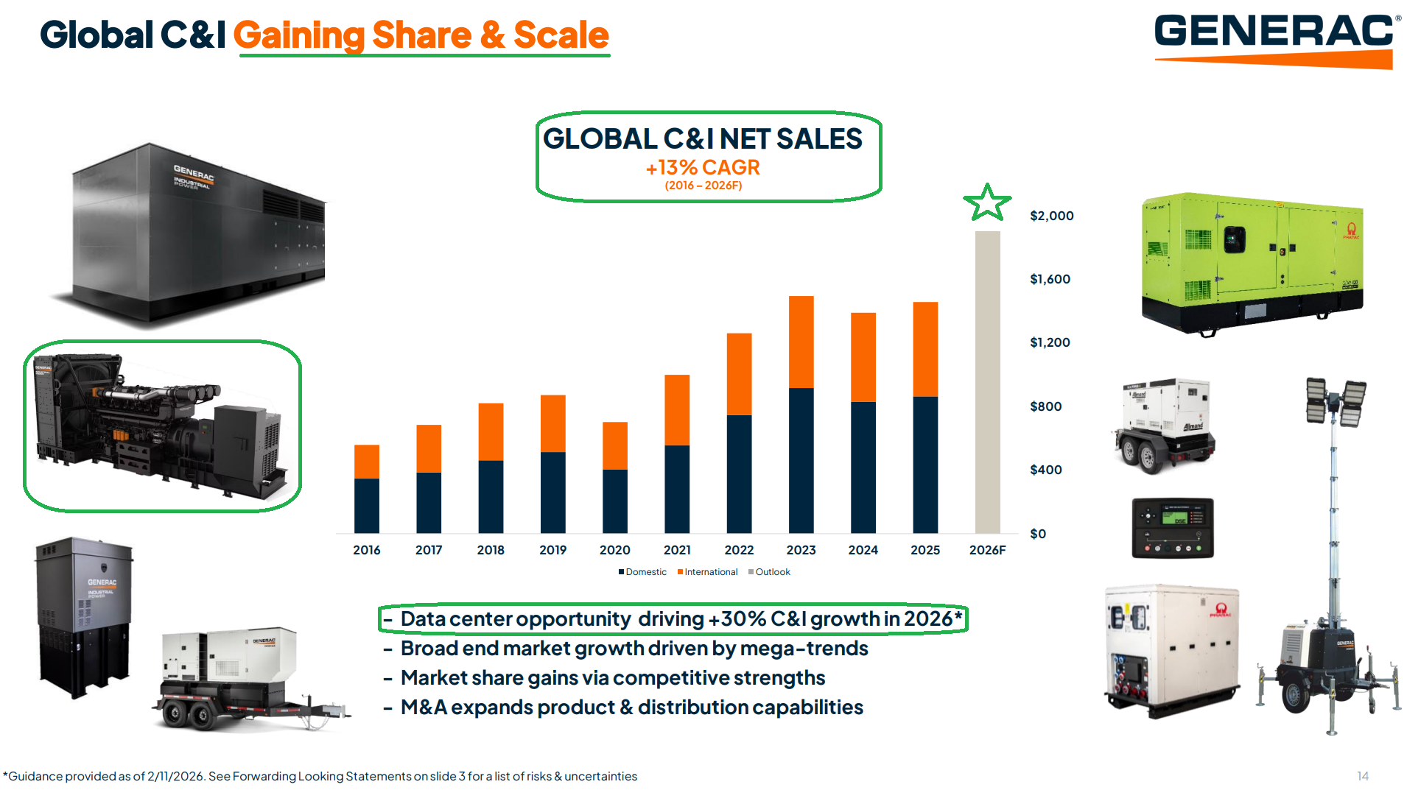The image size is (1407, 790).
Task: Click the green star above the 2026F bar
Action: pos(986,202)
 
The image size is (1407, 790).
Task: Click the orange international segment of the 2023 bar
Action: pos(801,342)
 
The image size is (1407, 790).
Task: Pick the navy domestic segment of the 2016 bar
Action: pos(366,506)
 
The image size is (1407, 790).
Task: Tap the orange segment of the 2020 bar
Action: pos(614,445)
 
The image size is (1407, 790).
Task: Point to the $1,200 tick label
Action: pos(1050,342)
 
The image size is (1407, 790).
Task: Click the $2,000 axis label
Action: pos(1051,216)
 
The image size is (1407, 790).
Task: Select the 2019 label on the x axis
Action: pos(552,550)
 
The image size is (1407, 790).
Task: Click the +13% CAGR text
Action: pos(703,168)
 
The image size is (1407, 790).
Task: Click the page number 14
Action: pos(1362,776)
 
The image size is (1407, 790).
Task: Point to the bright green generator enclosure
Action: pos(1252,261)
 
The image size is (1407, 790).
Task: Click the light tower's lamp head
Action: pos(1335,401)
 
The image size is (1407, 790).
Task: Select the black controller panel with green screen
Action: pos(1172,528)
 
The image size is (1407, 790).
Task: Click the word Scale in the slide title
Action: pos(561,35)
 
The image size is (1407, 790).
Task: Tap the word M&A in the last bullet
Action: pos(423,708)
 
